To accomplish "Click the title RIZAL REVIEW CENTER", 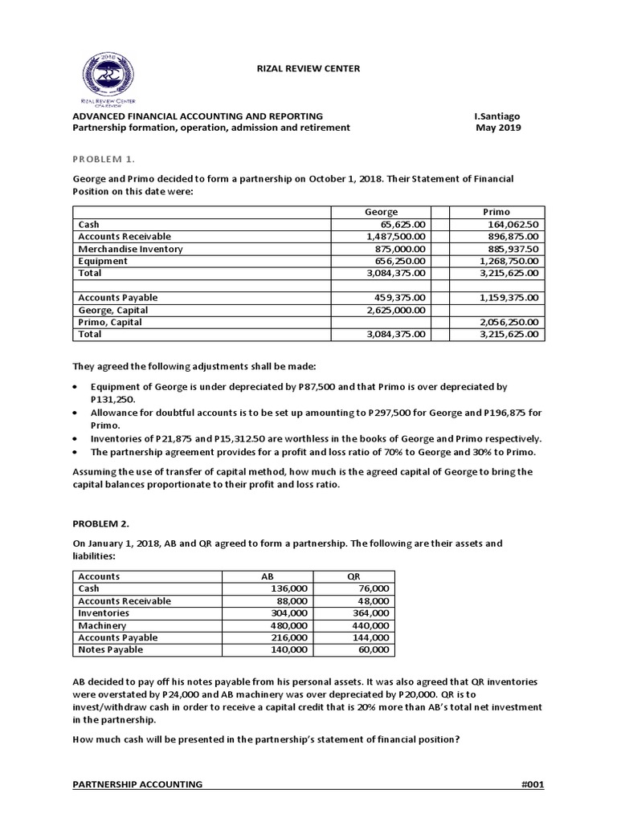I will pos(307,69).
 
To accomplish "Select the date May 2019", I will pos(498,128).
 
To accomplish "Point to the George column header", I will pos(381,212).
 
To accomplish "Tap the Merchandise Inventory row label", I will pos(130,249).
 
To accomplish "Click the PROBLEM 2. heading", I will pos(101,523).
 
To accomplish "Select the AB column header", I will pos(268,576).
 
